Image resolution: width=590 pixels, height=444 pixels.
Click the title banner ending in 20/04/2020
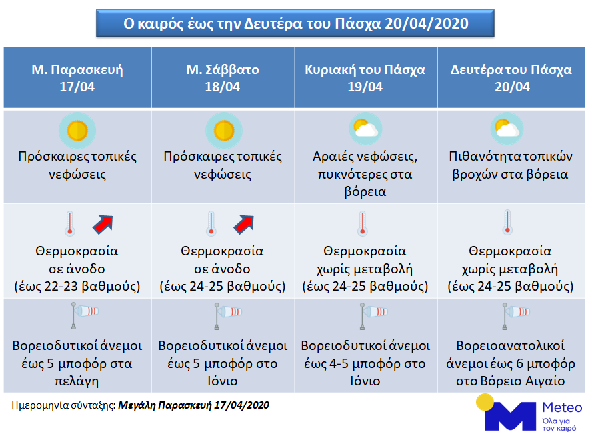pyautogui.click(x=295, y=24)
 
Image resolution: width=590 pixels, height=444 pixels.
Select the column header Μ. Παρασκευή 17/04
pyautogui.click(x=78, y=78)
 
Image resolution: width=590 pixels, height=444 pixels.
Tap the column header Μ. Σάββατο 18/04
pyautogui.click(x=223, y=78)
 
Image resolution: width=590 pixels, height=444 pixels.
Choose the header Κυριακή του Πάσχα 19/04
pyautogui.click(x=365, y=78)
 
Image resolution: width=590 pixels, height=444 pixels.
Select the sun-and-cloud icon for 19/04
pyautogui.click(x=366, y=127)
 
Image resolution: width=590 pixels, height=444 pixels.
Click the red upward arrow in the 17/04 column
pyautogui.click(x=103, y=225)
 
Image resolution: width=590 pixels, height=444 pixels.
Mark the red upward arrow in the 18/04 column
pyautogui.click(x=245, y=225)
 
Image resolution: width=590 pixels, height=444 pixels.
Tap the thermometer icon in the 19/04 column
pyautogui.click(x=363, y=223)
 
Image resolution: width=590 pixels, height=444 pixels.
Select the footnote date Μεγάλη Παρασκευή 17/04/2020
pyautogui.click(x=194, y=405)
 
